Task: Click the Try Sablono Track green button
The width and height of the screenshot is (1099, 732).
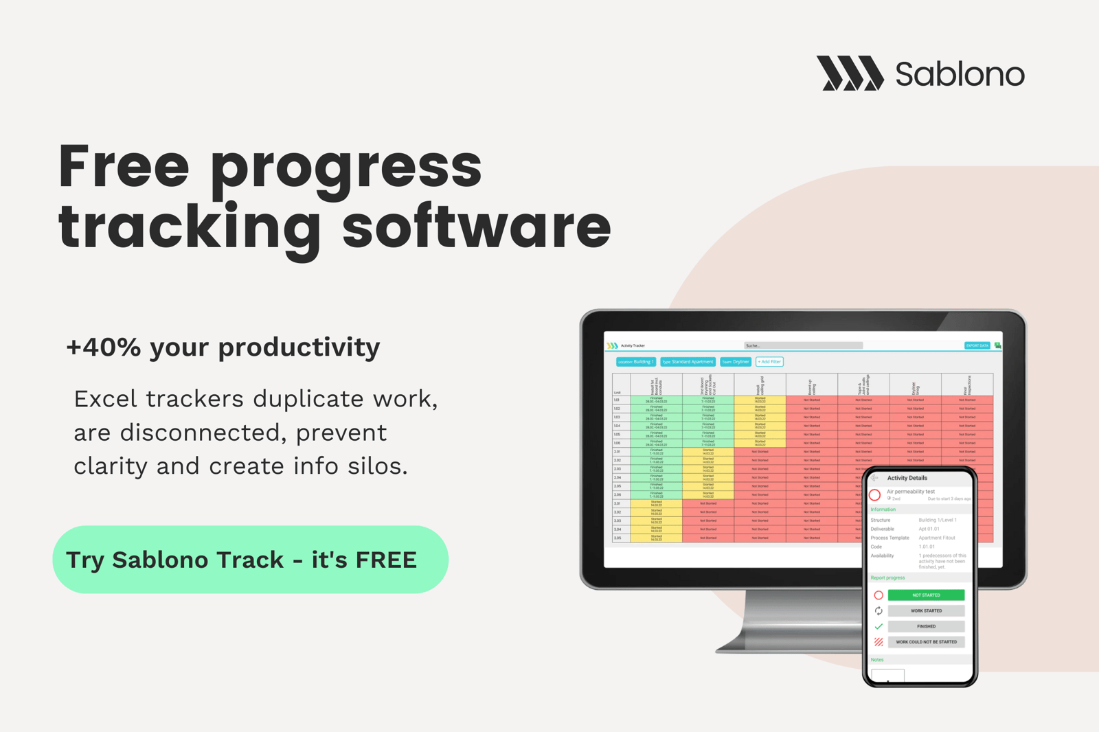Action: pyautogui.click(x=250, y=560)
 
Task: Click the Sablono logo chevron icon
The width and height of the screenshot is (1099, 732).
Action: pyautogui.click(x=850, y=73)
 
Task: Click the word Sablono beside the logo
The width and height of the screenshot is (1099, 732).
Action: pyautogui.click(x=960, y=74)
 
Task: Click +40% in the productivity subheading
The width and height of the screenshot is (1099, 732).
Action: pyautogui.click(x=103, y=347)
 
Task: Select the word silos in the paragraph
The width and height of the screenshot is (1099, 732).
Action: pyautogui.click(x=375, y=466)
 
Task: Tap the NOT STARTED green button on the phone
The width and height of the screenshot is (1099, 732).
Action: pyautogui.click(x=925, y=595)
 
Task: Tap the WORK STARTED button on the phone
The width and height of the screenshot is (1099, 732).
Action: pyautogui.click(x=925, y=611)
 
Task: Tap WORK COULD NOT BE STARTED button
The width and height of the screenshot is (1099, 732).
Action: pyautogui.click(x=925, y=642)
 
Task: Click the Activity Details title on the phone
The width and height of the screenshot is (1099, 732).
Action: pyautogui.click(x=907, y=478)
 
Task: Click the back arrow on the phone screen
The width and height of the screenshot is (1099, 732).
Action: pyautogui.click(x=875, y=478)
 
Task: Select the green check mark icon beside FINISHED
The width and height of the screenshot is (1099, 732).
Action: pyautogui.click(x=879, y=626)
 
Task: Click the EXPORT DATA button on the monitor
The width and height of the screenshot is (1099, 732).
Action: pyautogui.click(x=976, y=345)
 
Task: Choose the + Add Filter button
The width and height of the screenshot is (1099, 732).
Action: pyautogui.click(x=769, y=362)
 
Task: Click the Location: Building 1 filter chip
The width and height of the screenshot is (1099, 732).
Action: pyautogui.click(x=635, y=362)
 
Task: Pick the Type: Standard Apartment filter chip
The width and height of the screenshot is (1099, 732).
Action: pyautogui.click(x=688, y=362)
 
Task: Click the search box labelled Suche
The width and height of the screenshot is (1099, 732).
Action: pyautogui.click(x=802, y=345)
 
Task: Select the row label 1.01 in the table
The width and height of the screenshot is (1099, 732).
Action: pyautogui.click(x=617, y=400)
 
